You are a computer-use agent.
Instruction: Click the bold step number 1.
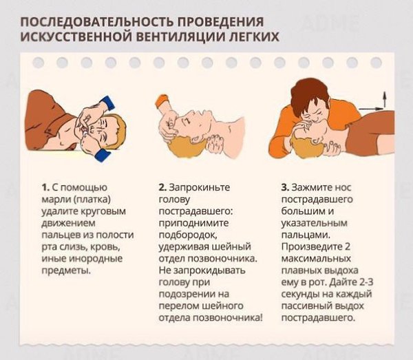(45, 187)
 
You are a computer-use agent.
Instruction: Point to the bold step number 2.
(162, 187)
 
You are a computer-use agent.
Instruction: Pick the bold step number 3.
(285, 187)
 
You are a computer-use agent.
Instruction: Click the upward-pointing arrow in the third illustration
(385, 99)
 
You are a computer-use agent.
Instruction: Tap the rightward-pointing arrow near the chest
(372, 108)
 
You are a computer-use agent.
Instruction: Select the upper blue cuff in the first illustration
(107, 103)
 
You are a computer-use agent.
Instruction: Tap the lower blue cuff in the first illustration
(102, 155)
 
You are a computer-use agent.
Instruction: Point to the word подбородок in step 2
(188, 235)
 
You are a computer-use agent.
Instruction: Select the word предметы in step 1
(66, 271)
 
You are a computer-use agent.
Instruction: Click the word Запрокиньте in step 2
(199, 187)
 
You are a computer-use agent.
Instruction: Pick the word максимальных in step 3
(316, 259)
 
